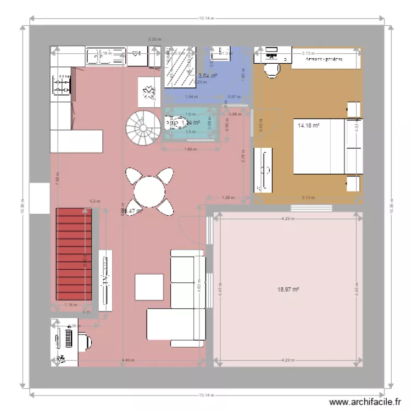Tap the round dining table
tap(148, 191)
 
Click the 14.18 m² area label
tap(308, 125)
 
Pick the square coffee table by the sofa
tap(149, 286)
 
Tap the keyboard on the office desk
tap(69, 336)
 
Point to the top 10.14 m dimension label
tap(205, 18)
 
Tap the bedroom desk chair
tap(271, 70)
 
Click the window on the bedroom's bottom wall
tap(311, 208)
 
